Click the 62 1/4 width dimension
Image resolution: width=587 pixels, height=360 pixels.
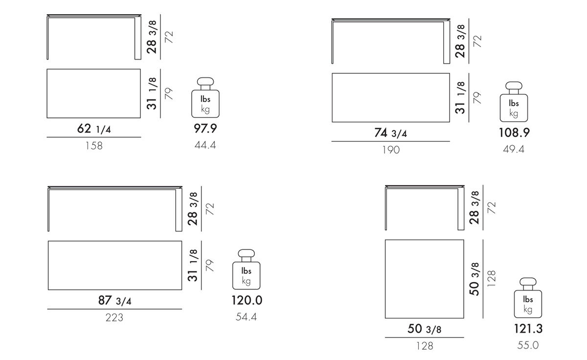(94, 129)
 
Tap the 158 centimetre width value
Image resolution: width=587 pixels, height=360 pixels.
(94, 146)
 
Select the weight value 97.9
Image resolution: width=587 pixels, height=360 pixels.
(205, 128)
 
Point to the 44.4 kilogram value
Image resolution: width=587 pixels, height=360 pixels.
(205, 145)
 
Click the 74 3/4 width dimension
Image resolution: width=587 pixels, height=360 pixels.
(390, 133)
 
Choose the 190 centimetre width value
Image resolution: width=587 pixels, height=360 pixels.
(391, 150)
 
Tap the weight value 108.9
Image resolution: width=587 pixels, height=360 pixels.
(514, 133)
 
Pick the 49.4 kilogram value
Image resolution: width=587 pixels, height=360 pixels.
(514, 149)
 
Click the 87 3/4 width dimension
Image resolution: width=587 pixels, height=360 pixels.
(114, 300)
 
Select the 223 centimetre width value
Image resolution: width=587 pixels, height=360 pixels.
(114, 317)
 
